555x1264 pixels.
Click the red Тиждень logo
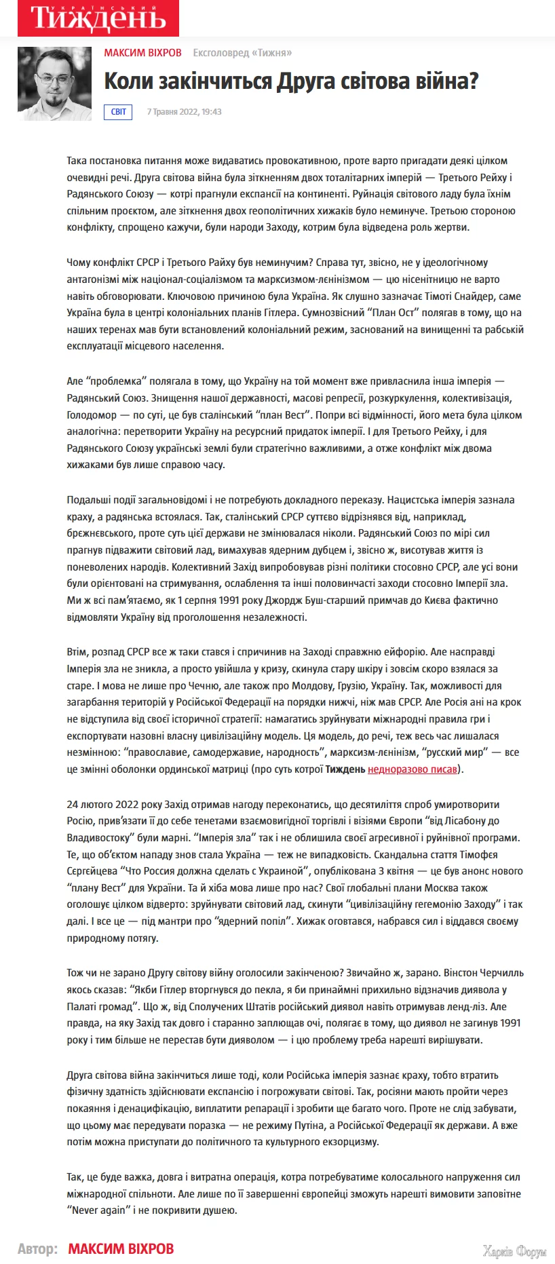click(98, 18)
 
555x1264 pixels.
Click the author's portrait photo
click(54, 83)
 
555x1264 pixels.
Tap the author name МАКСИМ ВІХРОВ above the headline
click(142, 53)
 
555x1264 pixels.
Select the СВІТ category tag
click(118, 112)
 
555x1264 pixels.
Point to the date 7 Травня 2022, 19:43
click(184, 112)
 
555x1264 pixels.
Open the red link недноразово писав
click(413, 769)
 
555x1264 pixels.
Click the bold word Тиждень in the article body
click(345, 769)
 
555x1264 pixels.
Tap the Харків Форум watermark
click(514, 1251)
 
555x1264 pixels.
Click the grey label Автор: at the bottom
click(37, 1248)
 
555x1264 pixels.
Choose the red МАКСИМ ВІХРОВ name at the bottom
click(121, 1248)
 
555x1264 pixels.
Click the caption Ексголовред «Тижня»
click(242, 53)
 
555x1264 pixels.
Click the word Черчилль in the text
click(502, 973)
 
